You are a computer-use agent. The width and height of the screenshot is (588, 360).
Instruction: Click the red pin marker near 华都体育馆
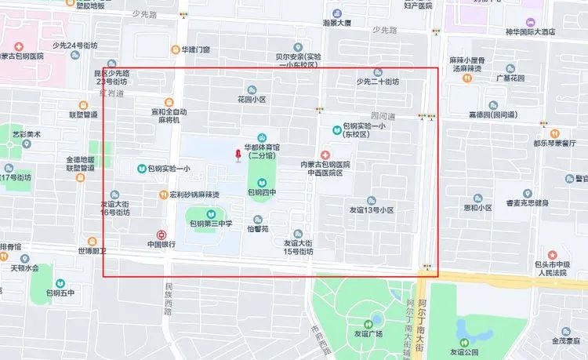tap(237, 156)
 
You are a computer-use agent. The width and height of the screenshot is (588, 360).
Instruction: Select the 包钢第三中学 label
tap(212, 224)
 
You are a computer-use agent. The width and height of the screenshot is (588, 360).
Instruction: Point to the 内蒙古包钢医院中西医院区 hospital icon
tap(324, 155)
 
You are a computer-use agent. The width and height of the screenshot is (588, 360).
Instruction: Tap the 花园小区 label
tap(252, 100)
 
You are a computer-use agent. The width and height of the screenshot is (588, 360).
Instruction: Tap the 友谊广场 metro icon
tap(368, 323)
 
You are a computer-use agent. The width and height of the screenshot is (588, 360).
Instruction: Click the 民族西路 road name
tap(168, 295)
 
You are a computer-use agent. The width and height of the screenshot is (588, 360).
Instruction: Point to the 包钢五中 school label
tap(60, 293)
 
